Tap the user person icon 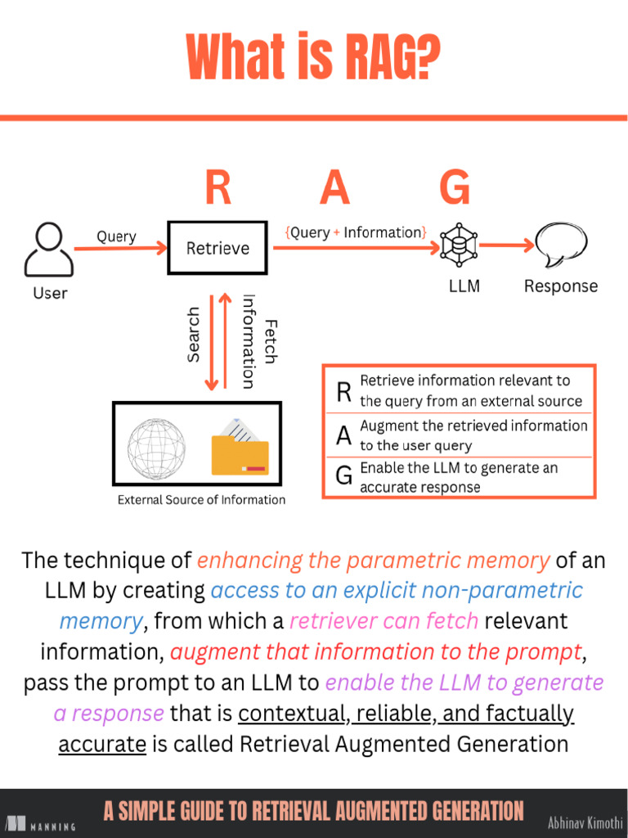tap(48, 250)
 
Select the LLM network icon tap(459, 246)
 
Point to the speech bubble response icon tap(561, 245)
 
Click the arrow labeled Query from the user tap(121, 249)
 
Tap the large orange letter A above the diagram tap(334, 187)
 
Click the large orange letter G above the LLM tap(455, 187)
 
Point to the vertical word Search tap(193, 335)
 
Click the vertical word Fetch tap(271, 342)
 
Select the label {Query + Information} tap(356, 232)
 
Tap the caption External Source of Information tap(201, 500)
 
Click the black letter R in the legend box tap(344, 392)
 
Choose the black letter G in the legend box tap(344, 475)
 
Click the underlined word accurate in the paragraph tap(102, 744)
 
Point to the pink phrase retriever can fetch tap(384, 621)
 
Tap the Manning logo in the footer tap(41, 825)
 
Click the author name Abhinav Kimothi tap(585, 822)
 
